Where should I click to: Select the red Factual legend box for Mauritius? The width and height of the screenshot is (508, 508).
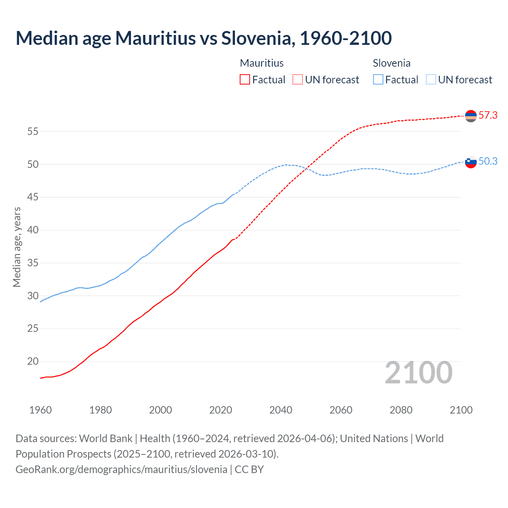tap(245, 79)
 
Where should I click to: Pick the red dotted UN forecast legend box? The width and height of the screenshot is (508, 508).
tap(298, 79)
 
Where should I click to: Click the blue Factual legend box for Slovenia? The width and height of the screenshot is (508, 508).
tap(378, 79)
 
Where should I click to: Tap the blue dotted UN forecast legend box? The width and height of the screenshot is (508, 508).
tap(431, 79)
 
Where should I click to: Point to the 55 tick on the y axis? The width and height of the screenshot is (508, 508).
tap(33, 131)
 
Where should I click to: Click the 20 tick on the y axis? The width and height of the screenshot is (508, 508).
tap(33, 361)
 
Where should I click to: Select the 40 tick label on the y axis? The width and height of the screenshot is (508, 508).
tap(33, 230)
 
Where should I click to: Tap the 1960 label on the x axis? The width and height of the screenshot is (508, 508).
tap(40, 410)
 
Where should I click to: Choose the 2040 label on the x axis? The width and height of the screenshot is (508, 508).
tap(281, 410)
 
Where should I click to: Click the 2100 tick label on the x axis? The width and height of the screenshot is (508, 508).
tap(461, 410)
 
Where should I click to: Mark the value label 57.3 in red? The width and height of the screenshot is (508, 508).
tap(488, 115)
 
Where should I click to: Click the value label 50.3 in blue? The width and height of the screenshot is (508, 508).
tap(488, 161)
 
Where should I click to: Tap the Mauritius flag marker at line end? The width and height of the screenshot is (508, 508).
tap(471, 116)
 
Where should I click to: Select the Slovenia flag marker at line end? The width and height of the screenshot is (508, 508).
tap(471, 162)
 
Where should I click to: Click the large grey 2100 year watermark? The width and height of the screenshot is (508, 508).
tap(418, 373)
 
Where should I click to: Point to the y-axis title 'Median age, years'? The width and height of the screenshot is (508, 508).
tap(17, 247)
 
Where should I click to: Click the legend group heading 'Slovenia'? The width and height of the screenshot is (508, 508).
tap(391, 63)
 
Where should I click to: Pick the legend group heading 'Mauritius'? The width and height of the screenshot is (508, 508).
tap(262, 63)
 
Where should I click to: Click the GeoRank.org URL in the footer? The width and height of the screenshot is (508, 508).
tap(121, 469)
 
